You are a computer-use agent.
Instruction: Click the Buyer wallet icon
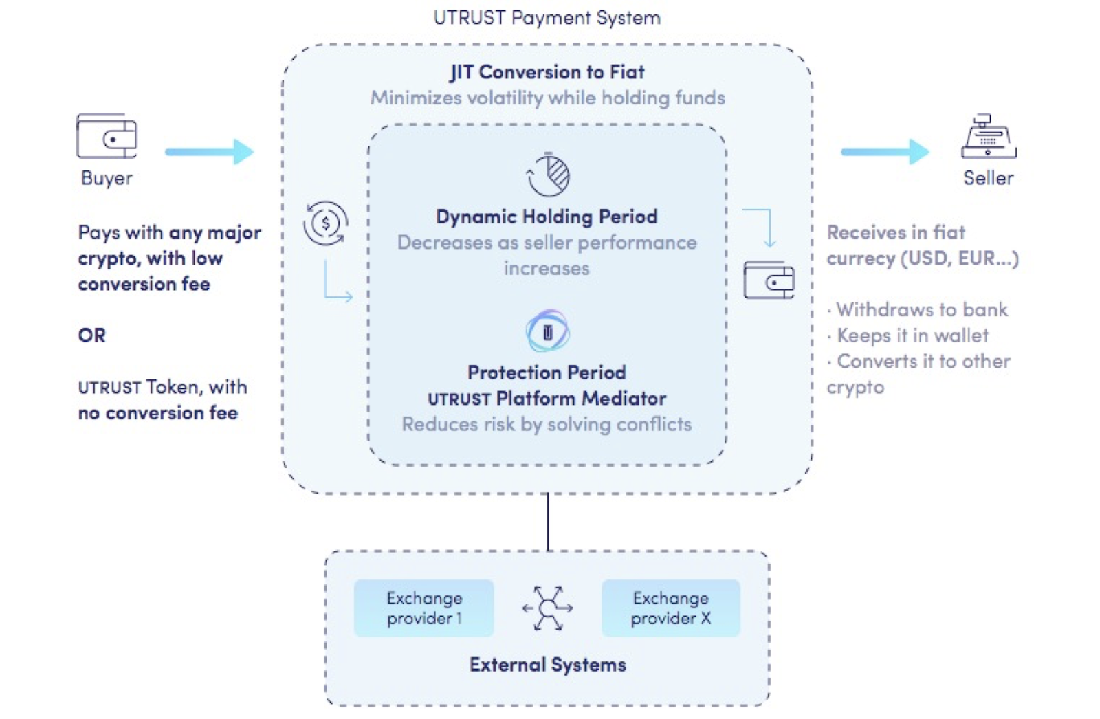tap(107, 136)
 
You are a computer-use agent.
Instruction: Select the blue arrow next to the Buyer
tap(210, 151)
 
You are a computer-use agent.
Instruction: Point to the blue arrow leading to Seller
tap(885, 151)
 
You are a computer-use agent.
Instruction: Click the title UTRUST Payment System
tap(547, 18)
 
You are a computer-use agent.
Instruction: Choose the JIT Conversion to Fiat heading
tap(547, 72)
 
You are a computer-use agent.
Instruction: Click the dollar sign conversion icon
tap(326, 223)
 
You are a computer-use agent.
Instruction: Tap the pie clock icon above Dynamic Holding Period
tap(549, 175)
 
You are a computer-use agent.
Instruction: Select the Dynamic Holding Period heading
tap(547, 217)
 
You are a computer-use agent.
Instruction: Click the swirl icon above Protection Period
tap(547, 331)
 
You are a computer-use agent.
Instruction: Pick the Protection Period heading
tap(547, 373)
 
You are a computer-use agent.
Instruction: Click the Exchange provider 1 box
tap(424, 608)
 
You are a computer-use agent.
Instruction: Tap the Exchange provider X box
tap(671, 608)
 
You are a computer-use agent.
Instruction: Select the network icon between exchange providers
tap(547, 608)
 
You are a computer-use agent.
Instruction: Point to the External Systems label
tap(547, 665)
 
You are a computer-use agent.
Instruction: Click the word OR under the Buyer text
tap(91, 335)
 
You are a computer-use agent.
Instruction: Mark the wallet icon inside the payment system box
tap(769, 280)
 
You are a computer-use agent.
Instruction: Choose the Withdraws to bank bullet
tap(921, 310)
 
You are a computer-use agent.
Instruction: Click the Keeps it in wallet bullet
tap(912, 335)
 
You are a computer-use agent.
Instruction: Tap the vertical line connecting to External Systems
tap(548, 522)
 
